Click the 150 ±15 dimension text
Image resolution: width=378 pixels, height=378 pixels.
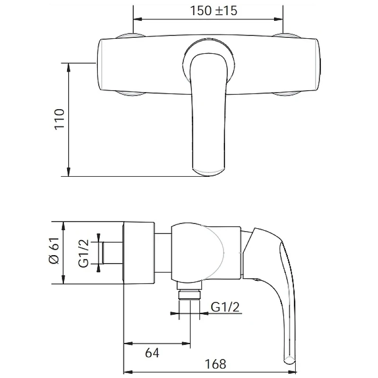[x=214, y=10]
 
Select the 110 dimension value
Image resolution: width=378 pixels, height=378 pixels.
[x=60, y=120]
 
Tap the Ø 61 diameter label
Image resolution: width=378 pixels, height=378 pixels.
[x=53, y=250]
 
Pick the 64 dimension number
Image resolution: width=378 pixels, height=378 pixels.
[x=152, y=353]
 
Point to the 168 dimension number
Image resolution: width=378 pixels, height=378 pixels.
[x=215, y=364]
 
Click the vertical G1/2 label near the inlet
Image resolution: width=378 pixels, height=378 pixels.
[x=84, y=253]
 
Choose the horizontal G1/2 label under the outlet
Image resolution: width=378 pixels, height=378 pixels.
[x=225, y=307]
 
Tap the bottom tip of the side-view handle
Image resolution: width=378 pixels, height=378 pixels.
[x=290, y=361]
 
